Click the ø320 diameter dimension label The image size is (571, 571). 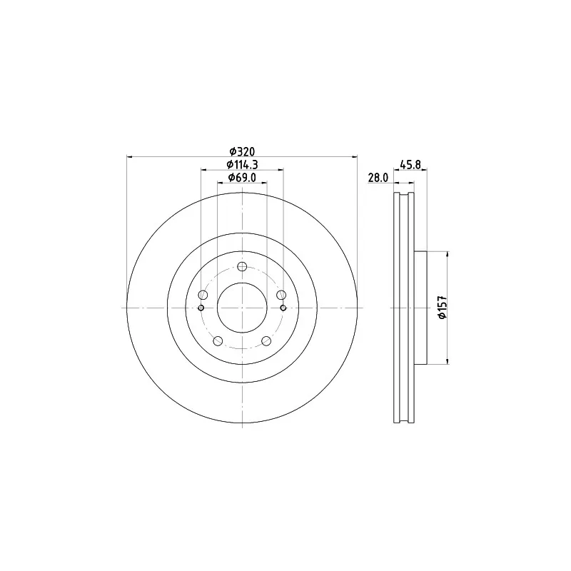point(242,151)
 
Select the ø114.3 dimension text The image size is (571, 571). point(242,165)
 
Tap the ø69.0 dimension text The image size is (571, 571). point(242,178)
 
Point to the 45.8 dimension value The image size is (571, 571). point(410,165)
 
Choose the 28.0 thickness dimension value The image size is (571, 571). point(378,178)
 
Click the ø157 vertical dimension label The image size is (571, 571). point(443,308)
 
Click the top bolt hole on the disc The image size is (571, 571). point(242,266)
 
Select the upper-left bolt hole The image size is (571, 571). point(203,295)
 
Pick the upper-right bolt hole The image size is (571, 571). point(281,295)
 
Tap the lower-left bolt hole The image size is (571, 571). point(218,341)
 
